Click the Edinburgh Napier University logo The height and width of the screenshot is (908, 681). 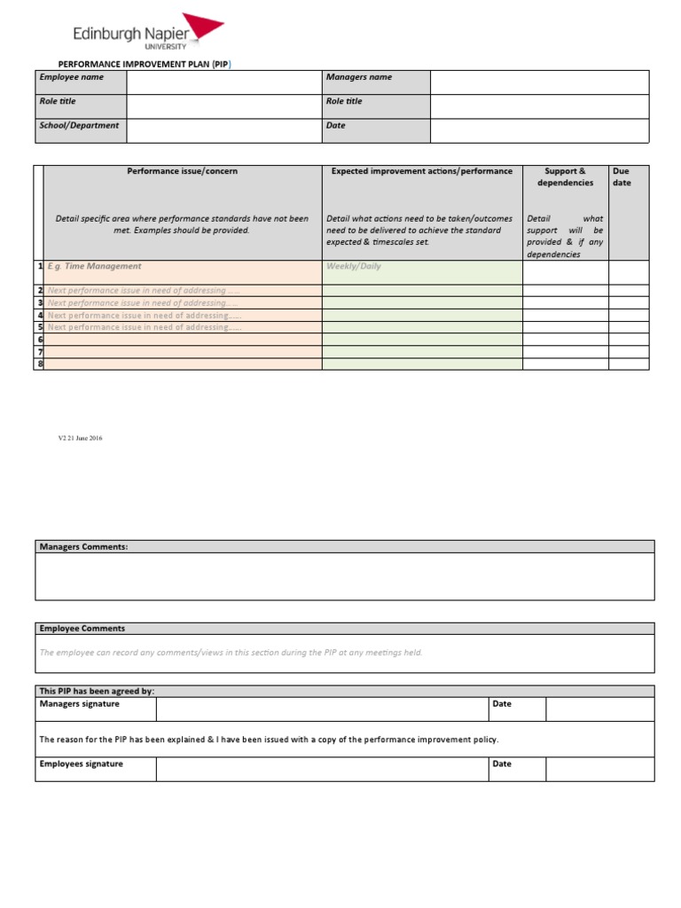147,35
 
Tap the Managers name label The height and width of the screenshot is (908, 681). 358,77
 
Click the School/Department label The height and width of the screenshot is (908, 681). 79,126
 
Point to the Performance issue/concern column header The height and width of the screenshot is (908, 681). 183,171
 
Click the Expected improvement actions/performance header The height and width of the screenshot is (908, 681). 421,171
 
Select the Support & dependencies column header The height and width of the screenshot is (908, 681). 565,176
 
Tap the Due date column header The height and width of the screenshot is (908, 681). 622,176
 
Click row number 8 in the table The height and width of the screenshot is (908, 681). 40,364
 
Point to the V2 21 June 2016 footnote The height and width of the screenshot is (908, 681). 80,438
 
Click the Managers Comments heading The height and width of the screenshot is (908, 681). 84,547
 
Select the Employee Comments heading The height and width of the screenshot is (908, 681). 82,629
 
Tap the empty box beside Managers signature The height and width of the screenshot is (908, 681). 322,708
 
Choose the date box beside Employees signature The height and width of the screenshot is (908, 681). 599,769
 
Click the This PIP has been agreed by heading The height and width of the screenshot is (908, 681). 103,691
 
